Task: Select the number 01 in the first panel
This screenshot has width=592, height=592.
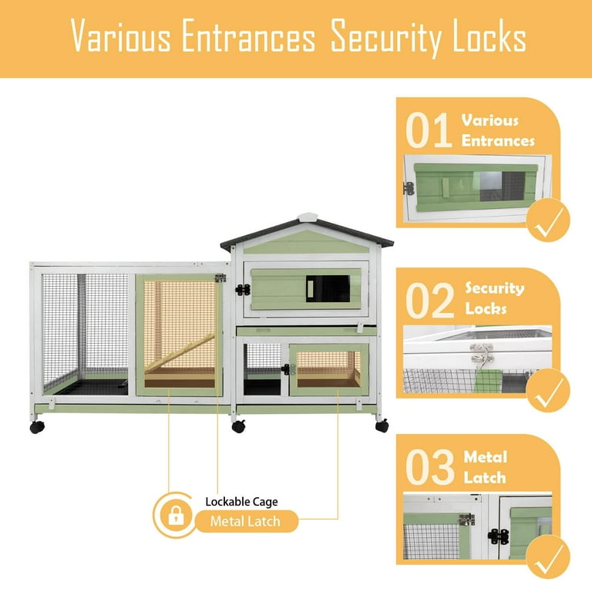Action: pyautogui.click(x=429, y=130)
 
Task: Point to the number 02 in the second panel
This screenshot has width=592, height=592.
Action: pyautogui.click(x=429, y=301)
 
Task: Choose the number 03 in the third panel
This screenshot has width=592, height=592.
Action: pyautogui.click(x=429, y=467)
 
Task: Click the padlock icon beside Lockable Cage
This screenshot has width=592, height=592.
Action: pyautogui.click(x=176, y=515)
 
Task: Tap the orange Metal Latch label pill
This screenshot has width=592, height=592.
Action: pyautogui.click(x=246, y=521)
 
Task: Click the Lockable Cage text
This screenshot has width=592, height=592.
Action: pyautogui.click(x=241, y=502)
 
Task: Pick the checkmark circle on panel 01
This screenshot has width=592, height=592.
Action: pyautogui.click(x=548, y=220)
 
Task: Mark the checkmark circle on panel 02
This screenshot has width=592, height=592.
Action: pyautogui.click(x=548, y=390)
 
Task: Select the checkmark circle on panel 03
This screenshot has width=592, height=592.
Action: pyautogui.click(x=548, y=557)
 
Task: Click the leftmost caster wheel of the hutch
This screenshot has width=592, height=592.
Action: pyautogui.click(x=37, y=426)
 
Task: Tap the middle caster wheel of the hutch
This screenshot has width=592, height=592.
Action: pyautogui.click(x=239, y=425)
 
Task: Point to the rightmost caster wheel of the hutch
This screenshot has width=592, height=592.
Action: pyautogui.click(x=382, y=425)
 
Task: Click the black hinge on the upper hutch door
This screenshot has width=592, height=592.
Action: pyautogui.click(x=243, y=290)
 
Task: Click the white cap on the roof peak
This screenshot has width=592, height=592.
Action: pyautogui.click(x=308, y=217)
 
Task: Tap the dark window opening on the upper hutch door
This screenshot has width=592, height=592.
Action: pyautogui.click(x=328, y=288)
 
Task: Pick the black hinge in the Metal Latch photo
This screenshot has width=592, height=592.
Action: pyautogui.click(x=499, y=536)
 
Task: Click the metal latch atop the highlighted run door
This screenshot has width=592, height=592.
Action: pyautogui.click(x=220, y=278)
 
